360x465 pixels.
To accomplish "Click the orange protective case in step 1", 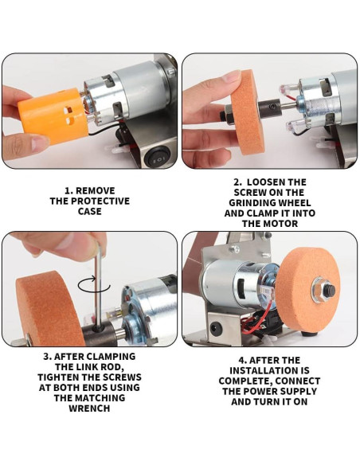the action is pos(53,115).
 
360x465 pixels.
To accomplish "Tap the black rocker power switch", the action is pos(157,158).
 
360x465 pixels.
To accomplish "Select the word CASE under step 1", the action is pos(89,212).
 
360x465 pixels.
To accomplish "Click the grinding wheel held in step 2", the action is pos(248,113).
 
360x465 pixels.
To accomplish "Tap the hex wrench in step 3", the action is pos(99,285).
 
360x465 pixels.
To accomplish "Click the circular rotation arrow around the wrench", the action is pos(94,286).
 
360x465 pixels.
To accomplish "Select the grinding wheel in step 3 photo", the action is pos(48,308).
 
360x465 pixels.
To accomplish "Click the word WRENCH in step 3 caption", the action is pos(89,408).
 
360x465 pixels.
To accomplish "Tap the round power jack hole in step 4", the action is pos(214,328).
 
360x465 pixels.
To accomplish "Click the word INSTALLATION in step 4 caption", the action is pos(269,371).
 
